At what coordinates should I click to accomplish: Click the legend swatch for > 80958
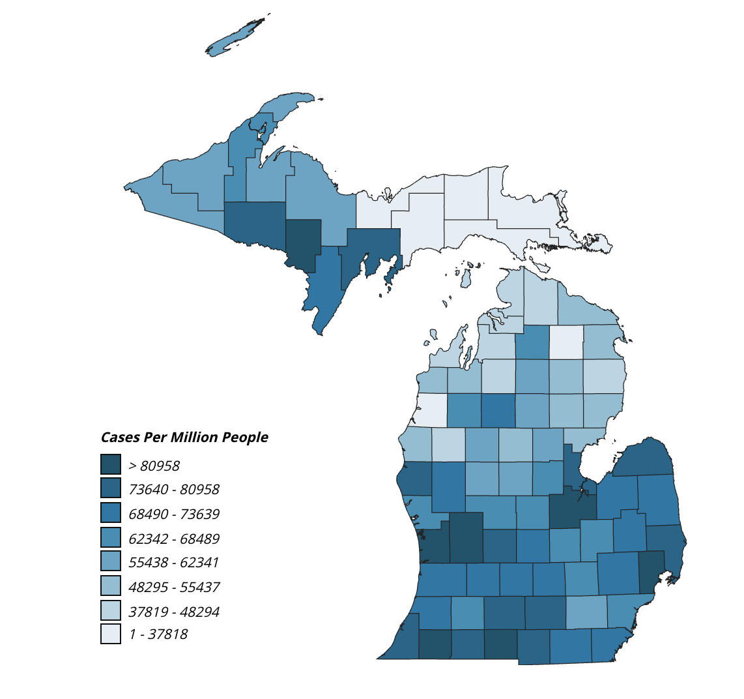tap(111, 464)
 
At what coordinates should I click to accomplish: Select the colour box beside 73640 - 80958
tap(111, 488)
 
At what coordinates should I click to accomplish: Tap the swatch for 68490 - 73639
tap(111, 513)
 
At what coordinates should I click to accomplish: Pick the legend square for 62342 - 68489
tap(111, 537)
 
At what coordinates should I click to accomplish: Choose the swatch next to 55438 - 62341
tap(111, 561)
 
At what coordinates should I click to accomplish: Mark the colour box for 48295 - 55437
tap(111, 586)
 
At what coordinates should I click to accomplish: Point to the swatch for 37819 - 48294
tap(111, 610)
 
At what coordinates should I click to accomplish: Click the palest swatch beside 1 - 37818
tap(111, 634)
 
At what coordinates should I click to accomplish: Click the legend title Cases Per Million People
tap(184, 437)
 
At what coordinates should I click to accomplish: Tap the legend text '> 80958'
tap(154, 466)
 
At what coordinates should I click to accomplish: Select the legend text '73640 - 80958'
tap(174, 489)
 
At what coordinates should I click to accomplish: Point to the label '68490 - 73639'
tap(174, 514)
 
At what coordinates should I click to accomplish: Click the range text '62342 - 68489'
tap(174, 539)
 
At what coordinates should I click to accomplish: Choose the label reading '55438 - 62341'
tap(174, 562)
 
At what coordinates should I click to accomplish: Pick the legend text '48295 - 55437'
tap(174, 587)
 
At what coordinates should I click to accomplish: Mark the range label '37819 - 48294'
tap(174, 612)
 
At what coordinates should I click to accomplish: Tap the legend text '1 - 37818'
tap(158, 634)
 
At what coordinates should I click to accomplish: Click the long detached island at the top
tap(236, 37)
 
